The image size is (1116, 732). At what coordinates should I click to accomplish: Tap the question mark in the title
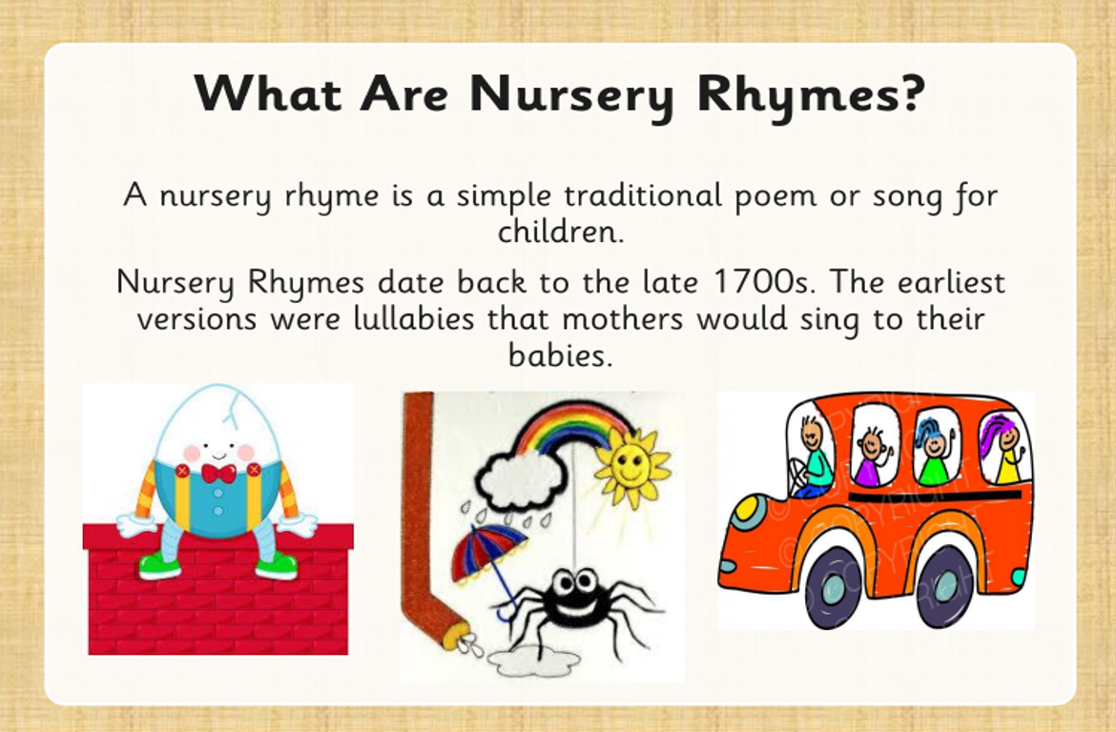[x=909, y=91]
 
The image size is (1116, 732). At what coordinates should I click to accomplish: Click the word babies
[x=560, y=355]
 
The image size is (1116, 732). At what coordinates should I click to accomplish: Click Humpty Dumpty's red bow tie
[x=218, y=473]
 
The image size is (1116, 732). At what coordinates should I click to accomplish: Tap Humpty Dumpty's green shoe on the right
[x=277, y=565]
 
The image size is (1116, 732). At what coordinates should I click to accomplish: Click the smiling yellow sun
[x=630, y=466]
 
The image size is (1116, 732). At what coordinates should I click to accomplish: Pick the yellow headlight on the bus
[x=747, y=509]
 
